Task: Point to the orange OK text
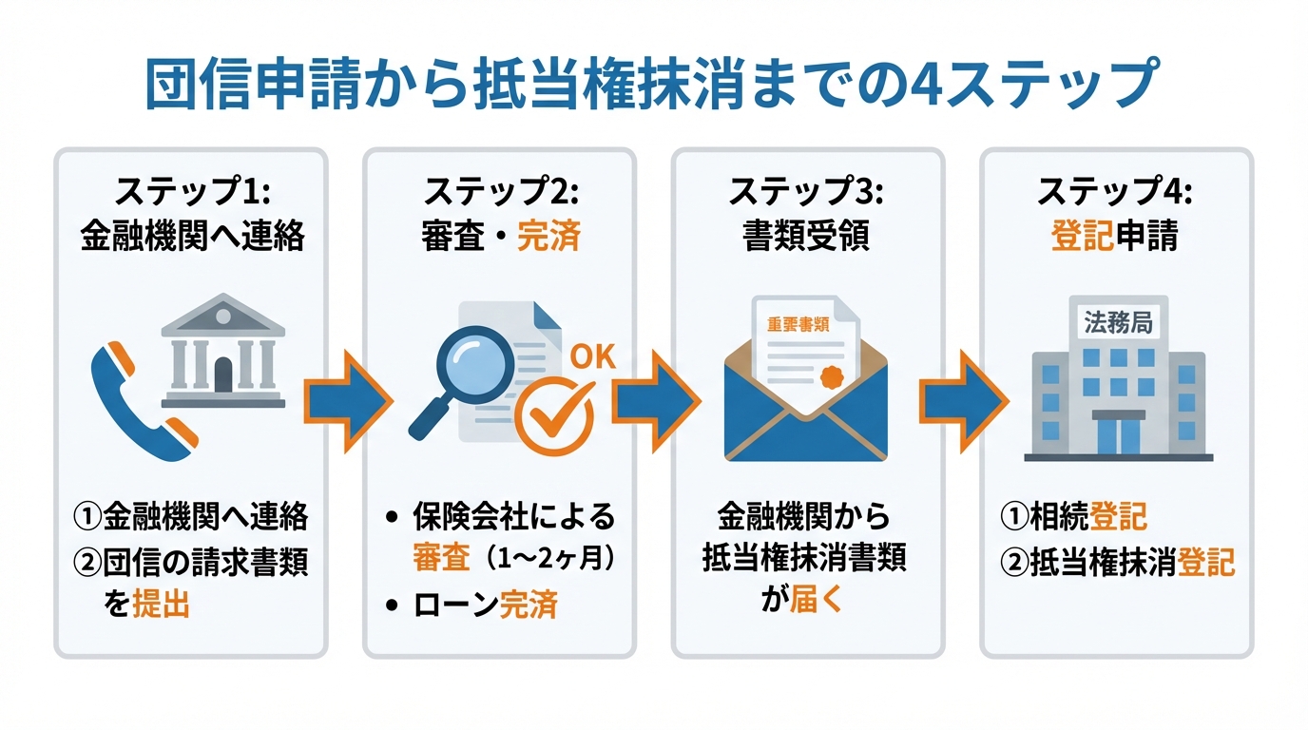[591, 357]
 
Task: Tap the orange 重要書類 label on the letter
[798, 324]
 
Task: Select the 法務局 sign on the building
[1118, 323]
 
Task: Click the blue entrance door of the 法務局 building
[1118, 436]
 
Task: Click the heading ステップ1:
[192, 192]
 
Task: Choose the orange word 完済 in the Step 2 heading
[548, 236]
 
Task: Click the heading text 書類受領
[806, 236]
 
